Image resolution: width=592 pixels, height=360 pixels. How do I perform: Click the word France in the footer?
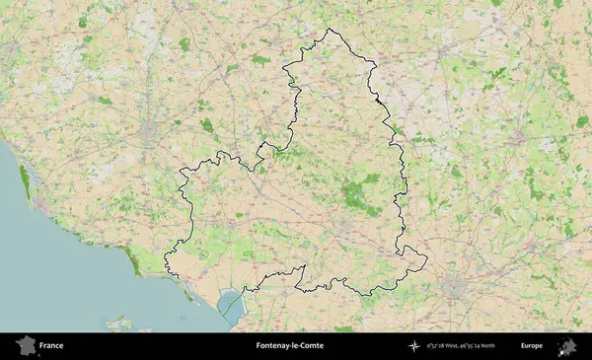click(52, 346)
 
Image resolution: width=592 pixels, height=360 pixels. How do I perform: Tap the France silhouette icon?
click(26, 346)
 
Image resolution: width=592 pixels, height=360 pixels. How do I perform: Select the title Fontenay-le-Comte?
click(289, 346)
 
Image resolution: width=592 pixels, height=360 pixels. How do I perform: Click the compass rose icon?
click(413, 346)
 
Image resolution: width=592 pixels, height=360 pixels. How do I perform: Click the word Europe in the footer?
click(532, 346)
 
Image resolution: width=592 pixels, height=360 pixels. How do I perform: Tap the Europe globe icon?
click(567, 346)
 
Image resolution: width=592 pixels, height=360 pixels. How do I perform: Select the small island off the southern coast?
click(121, 323)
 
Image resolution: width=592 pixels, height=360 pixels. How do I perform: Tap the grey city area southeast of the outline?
click(456, 289)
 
